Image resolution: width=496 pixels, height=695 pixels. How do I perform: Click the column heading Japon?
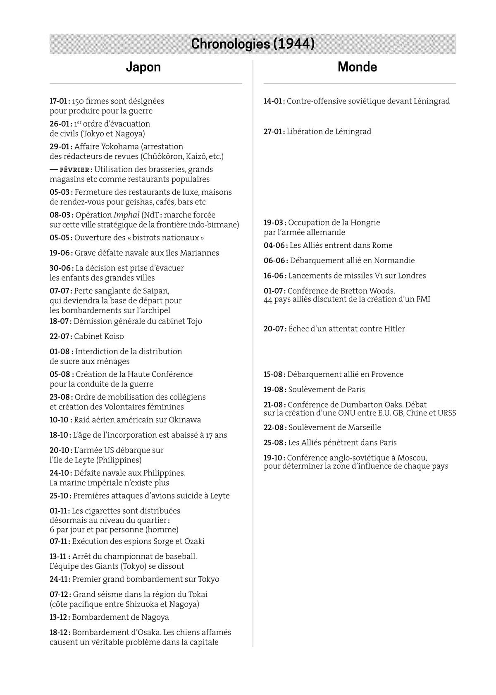tap(143, 67)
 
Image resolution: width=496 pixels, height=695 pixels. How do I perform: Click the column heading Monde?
tap(357, 67)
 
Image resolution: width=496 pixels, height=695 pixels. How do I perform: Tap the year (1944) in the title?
tap(294, 44)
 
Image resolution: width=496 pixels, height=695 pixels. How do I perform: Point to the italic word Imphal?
tap(126, 215)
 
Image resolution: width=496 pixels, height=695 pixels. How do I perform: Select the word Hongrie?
tap(365, 223)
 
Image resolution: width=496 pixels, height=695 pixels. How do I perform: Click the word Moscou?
tap(412, 458)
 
